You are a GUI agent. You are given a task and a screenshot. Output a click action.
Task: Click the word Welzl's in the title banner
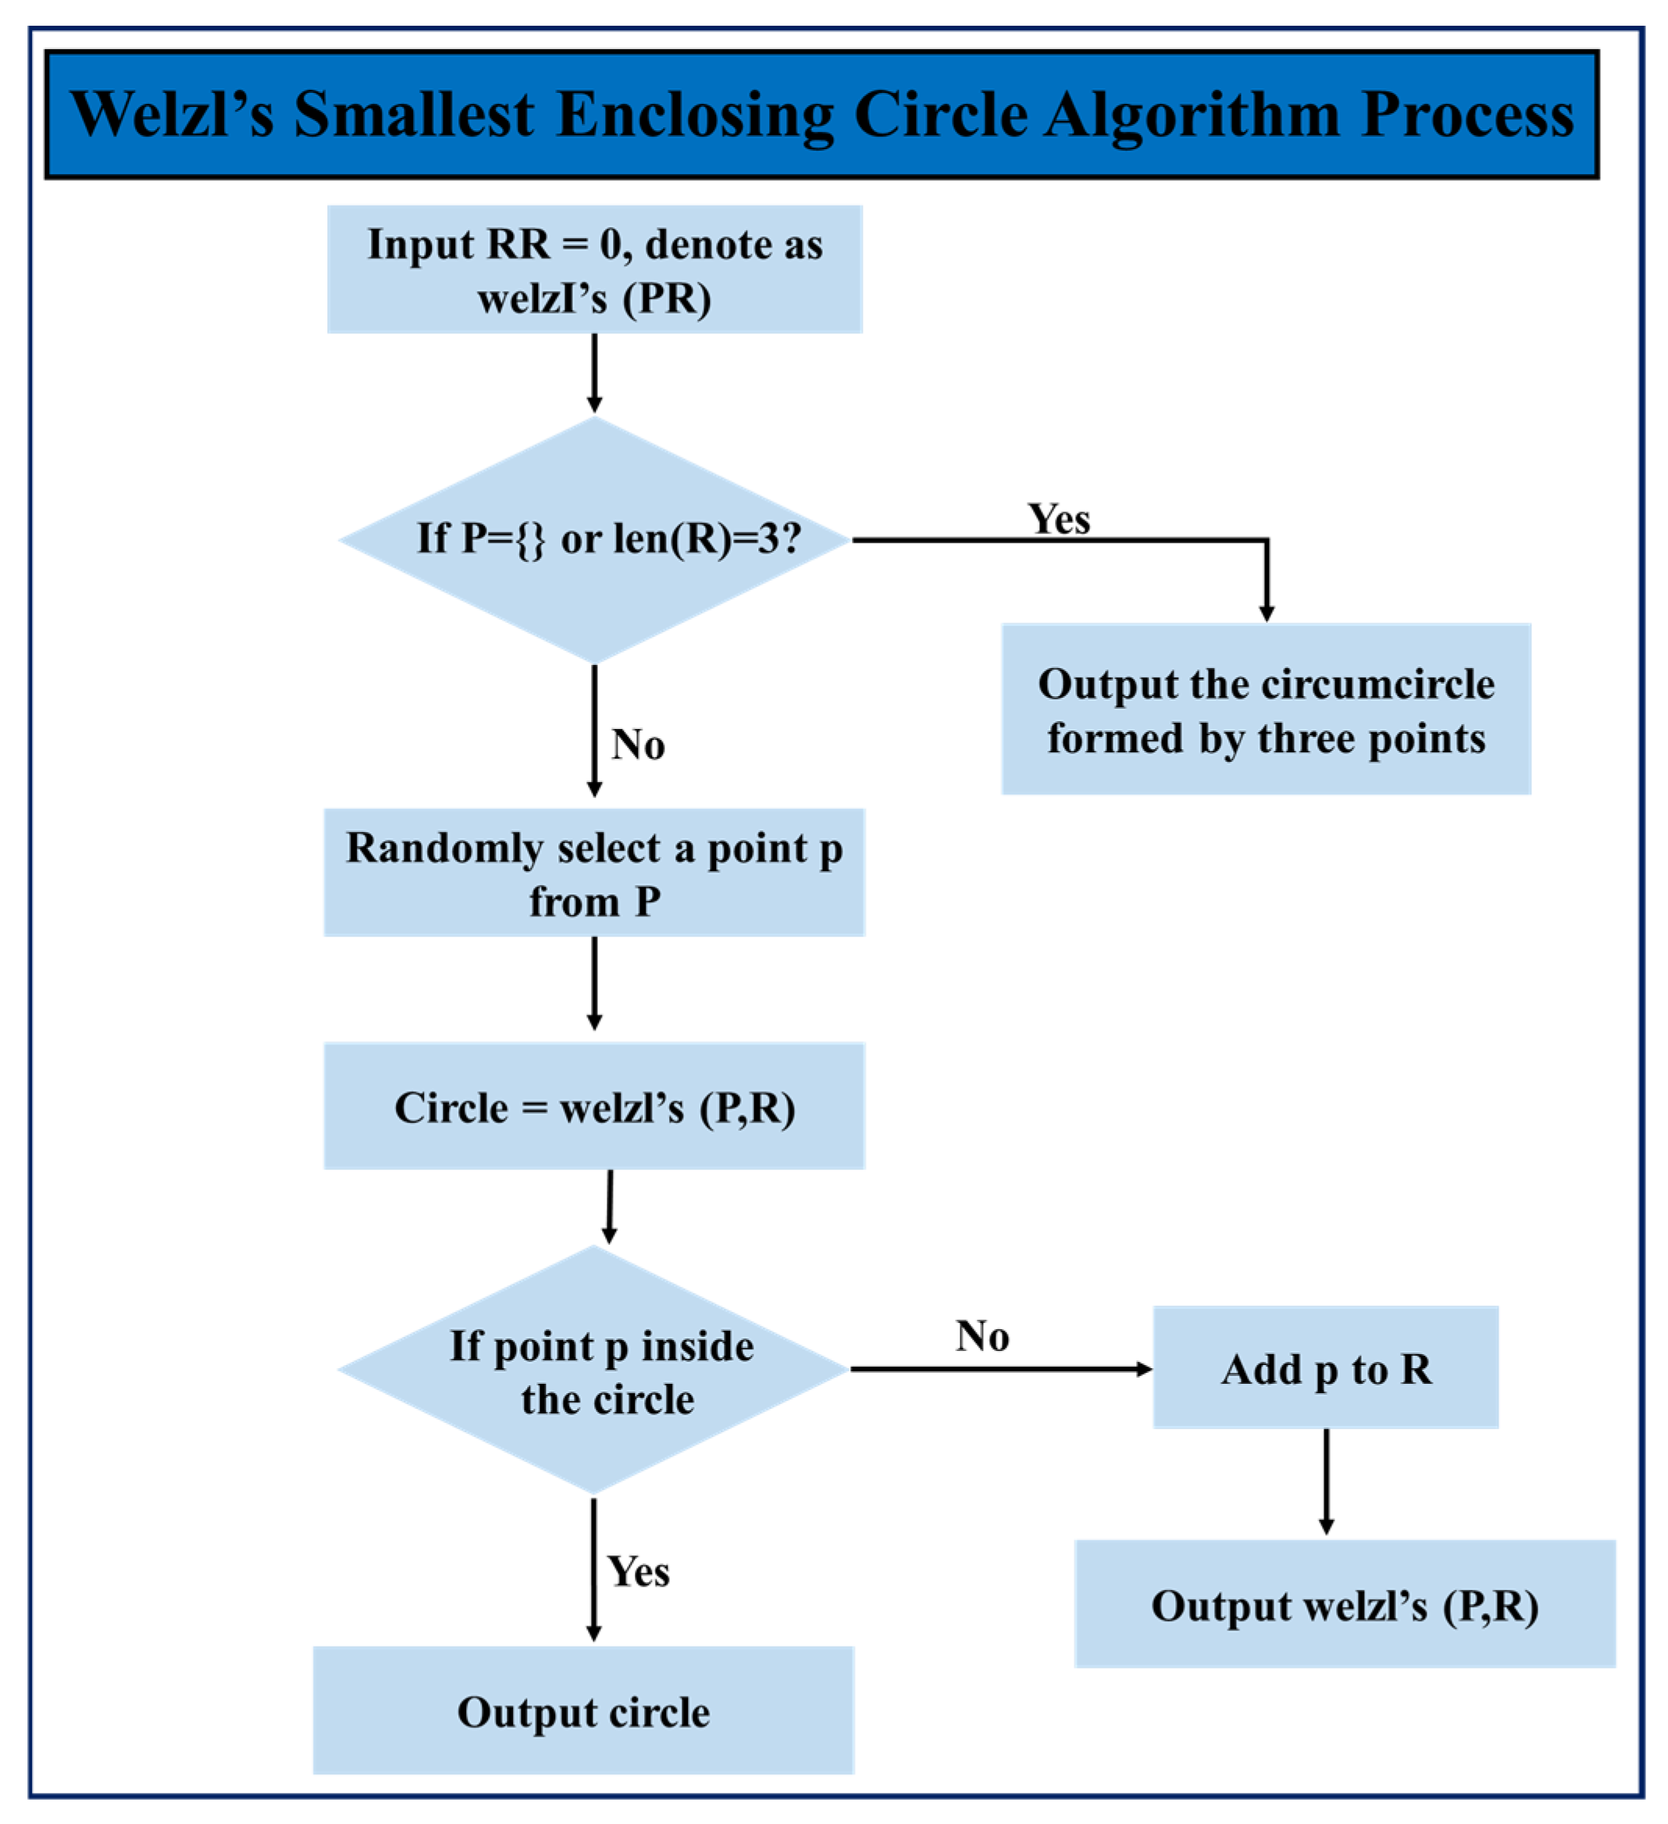point(172,115)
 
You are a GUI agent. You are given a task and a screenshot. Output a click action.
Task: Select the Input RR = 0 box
point(593,269)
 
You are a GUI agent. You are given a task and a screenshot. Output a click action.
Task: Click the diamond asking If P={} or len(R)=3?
point(593,540)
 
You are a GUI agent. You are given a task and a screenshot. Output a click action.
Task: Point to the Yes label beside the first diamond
point(1058,519)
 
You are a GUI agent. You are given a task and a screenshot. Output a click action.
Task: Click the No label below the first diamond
point(638,745)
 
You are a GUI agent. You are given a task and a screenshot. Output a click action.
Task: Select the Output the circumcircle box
point(1265,709)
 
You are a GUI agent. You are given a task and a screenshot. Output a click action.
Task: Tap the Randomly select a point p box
point(593,872)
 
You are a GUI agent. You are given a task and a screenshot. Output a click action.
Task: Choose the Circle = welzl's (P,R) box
point(593,1106)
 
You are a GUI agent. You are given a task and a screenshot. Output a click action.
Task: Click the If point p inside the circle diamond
point(593,1369)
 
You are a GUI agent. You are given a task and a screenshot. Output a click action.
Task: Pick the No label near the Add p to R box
point(982,1336)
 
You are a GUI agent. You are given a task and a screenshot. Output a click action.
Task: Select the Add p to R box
point(1325,1368)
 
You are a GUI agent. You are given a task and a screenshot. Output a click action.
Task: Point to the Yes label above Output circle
point(638,1572)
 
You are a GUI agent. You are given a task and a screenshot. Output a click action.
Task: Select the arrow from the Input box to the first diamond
point(593,373)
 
